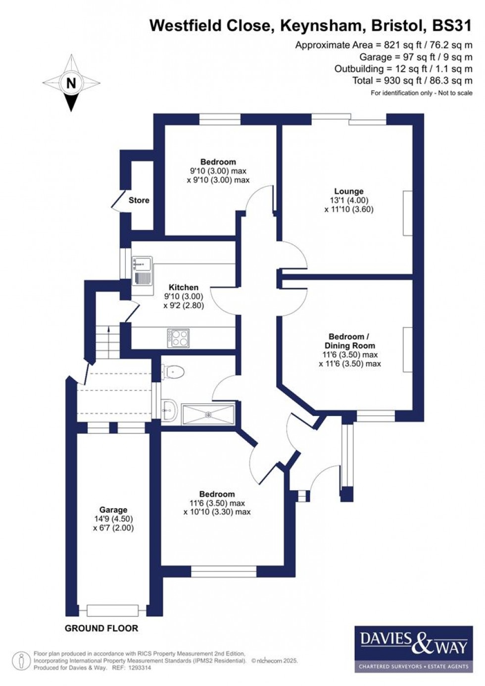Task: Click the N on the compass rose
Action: point(71,83)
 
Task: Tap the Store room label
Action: point(139,201)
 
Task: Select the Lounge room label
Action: point(348,191)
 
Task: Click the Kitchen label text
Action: point(183,287)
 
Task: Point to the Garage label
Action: point(113,510)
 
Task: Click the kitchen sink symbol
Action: point(143,270)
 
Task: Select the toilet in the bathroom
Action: point(174,371)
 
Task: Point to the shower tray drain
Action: point(208,414)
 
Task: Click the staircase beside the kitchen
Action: point(107,342)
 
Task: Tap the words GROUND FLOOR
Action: point(101,629)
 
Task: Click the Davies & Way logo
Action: point(414,648)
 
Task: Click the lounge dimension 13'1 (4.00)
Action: point(348,200)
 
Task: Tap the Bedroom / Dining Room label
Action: point(349,341)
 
